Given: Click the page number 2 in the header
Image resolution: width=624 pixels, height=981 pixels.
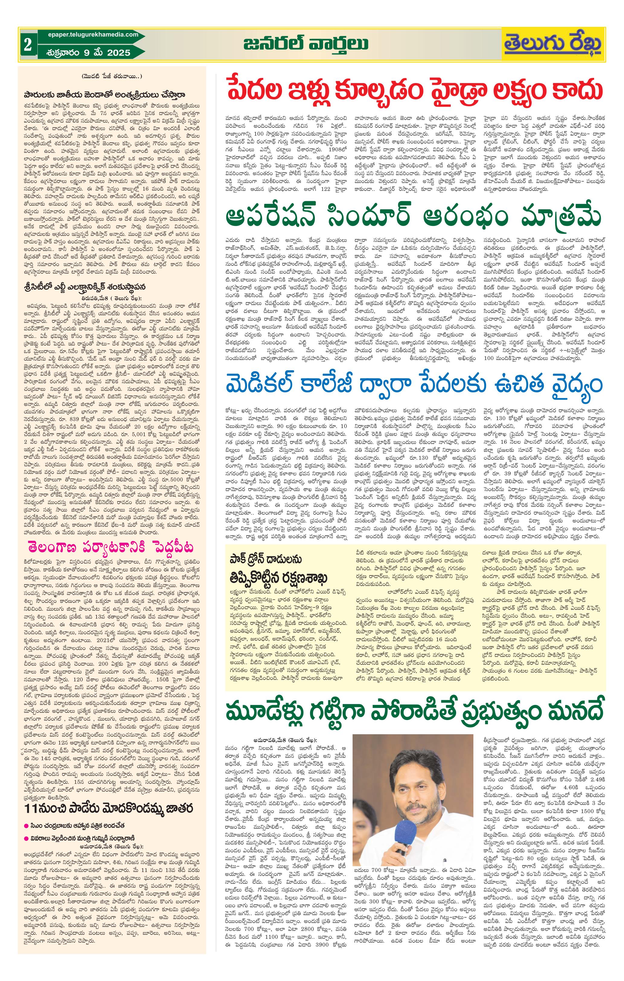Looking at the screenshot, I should click(x=27, y=45).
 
